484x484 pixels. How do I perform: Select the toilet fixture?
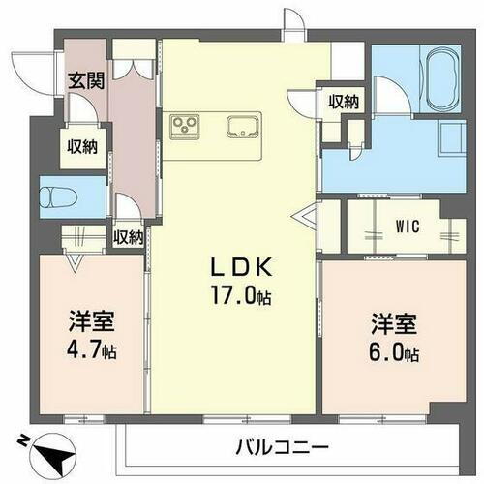[x=58, y=197]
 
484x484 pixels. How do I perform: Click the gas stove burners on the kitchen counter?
[x=184, y=124]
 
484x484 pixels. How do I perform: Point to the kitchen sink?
[x=242, y=124]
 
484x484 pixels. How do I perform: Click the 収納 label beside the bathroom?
[x=344, y=102]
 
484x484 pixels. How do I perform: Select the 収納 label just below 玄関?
[x=81, y=146]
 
